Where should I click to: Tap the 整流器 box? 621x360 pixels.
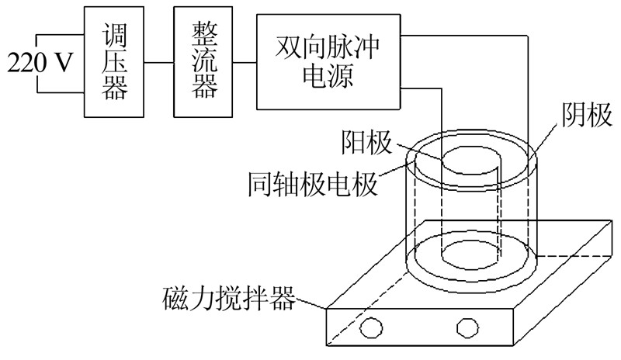point(203,62)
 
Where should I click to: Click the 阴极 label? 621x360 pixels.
point(581,118)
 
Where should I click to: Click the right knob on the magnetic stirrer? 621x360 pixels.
point(466,327)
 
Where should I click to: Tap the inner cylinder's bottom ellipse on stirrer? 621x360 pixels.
point(469,253)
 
